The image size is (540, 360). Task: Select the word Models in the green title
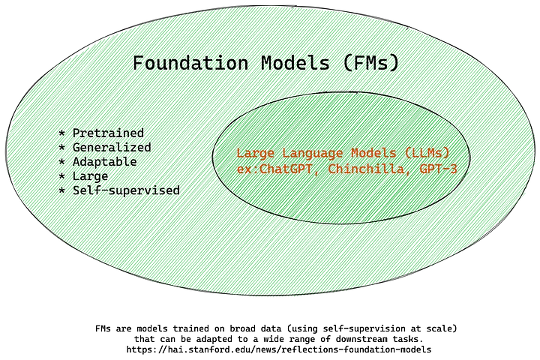289,62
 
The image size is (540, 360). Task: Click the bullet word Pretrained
107,133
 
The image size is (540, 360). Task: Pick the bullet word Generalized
111,148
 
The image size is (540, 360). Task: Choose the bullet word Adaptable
104,162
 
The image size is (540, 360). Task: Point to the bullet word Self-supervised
125,190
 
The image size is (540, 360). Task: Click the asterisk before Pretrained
61,133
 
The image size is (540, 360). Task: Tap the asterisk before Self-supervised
61,190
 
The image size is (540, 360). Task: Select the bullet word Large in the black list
90,176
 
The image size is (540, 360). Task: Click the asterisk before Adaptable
61,162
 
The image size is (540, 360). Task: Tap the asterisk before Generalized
61,148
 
